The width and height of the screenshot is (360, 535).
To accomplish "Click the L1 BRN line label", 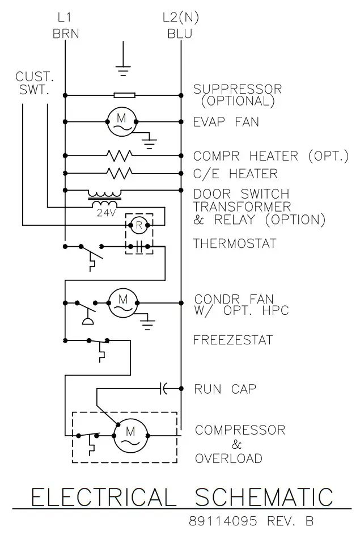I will (x=65, y=26).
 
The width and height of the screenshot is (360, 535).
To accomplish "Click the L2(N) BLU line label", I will (x=180, y=26).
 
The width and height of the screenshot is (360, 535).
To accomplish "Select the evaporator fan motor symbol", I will (x=122, y=121).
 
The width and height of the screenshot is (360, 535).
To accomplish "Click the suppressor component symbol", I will (x=124, y=95).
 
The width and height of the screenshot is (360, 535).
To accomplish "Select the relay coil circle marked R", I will (x=139, y=225).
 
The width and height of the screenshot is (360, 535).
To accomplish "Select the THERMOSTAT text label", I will (x=235, y=244).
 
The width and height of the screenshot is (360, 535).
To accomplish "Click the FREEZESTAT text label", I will (x=233, y=340).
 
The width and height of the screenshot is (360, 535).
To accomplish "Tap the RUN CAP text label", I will (x=225, y=389).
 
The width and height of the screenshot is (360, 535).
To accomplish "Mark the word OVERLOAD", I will (x=228, y=458).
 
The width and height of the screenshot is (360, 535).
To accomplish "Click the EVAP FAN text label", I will (x=226, y=121).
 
